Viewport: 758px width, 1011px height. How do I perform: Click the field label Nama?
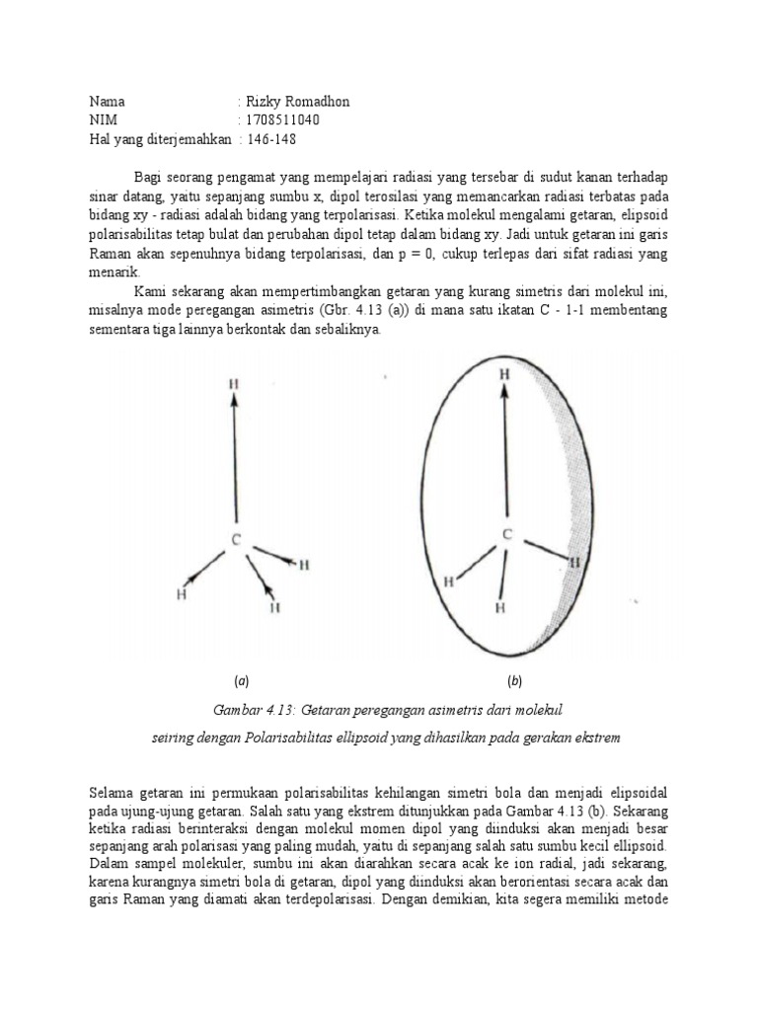coord(108,102)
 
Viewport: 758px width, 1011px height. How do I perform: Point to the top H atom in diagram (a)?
coord(233,382)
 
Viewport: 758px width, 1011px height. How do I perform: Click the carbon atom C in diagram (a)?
coord(235,539)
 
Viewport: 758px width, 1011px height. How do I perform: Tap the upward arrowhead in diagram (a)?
coord(233,401)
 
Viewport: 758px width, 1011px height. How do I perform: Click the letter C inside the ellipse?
coord(506,534)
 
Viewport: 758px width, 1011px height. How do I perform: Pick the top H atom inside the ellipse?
coord(504,375)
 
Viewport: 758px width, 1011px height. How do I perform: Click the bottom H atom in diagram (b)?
coord(500,608)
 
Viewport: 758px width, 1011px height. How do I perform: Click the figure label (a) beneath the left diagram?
coord(241,681)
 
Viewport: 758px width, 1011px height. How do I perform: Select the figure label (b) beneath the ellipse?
coord(514,681)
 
